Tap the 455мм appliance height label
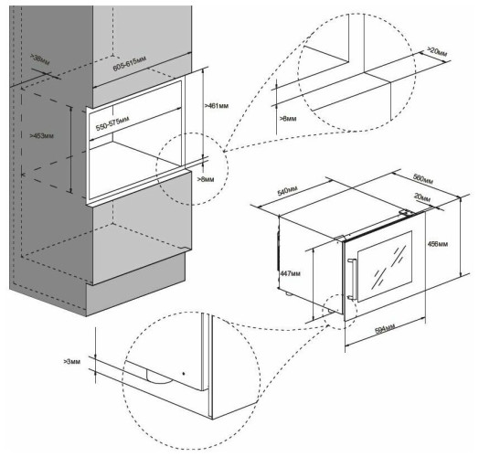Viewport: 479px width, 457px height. (x=440, y=245)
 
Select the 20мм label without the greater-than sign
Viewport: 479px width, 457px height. (x=421, y=197)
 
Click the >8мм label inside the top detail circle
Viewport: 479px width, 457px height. (x=287, y=116)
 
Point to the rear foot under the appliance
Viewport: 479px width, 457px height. (x=290, y=294)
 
